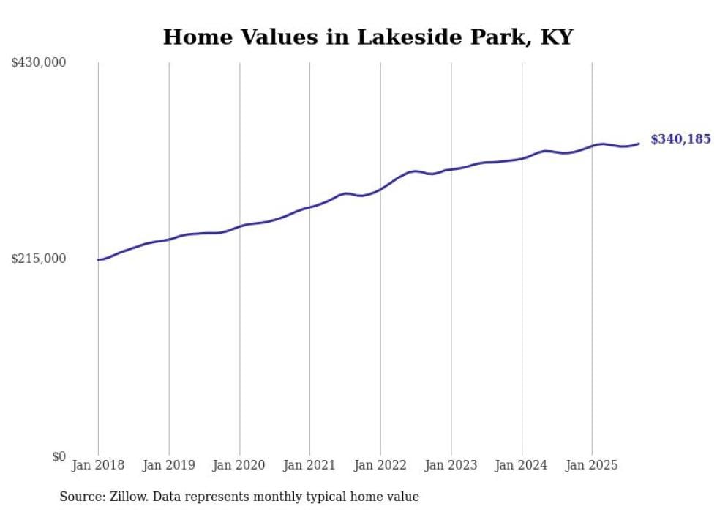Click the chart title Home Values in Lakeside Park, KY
click(x=367, y=37)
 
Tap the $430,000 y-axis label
click(x=39, y=63)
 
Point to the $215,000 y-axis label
click(x=39, y=259)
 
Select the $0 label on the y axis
click(x=59, y=456)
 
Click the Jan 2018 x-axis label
click(x=98, y=465)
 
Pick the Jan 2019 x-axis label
click(x=169, y=465)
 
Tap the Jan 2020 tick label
click(x=239, y=465)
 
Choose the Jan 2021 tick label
click(x=309, y=465)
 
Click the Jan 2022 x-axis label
click(x=380, y=465)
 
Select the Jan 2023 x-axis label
click(x=451, y=465)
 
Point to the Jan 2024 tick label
click(x=522, y=465)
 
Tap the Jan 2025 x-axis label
click(x=592, y=465)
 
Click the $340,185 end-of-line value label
click(x=680, y=139)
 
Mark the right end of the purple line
click(x=639, y=144)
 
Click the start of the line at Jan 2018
click(x=99, y=259)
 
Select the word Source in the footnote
click(x=80, y=497)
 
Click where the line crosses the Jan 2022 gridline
click(x=380, y=189)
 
